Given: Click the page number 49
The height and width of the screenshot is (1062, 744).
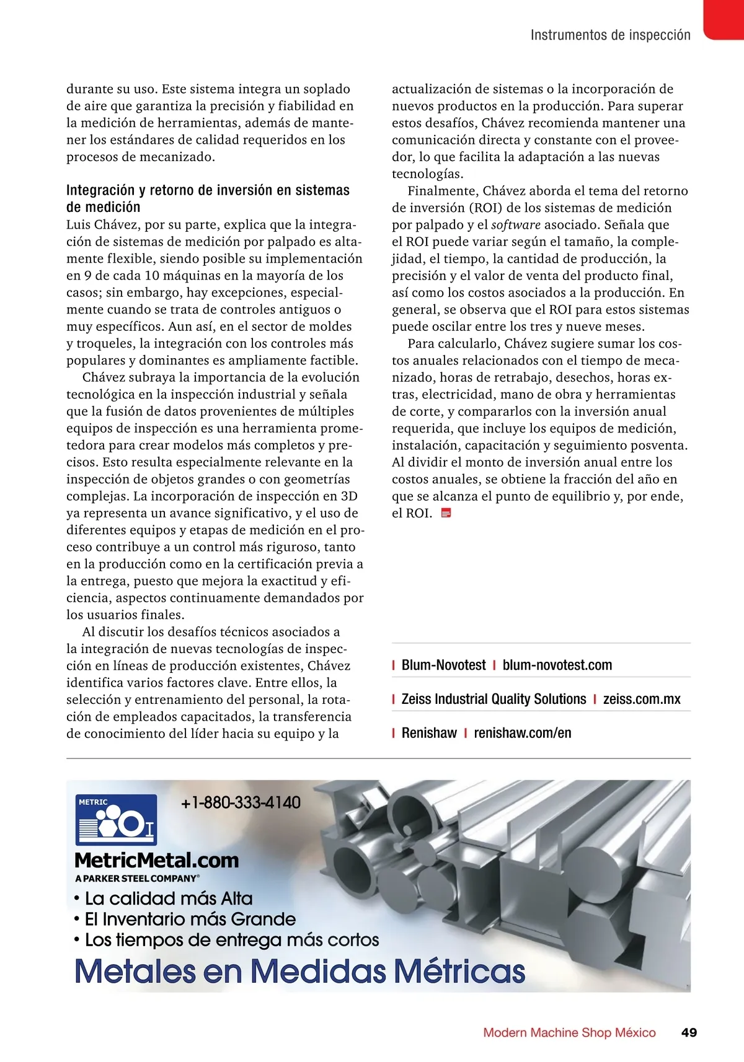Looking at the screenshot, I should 689,1032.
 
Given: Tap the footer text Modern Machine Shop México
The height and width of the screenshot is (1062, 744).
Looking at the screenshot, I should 569,1032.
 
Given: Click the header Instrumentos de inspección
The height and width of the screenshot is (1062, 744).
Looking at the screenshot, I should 610,35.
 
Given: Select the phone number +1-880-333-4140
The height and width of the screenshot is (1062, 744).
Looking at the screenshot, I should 241,802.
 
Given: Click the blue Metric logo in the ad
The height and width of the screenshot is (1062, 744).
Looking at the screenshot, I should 116,820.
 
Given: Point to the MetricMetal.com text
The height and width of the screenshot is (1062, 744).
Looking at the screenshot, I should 156,860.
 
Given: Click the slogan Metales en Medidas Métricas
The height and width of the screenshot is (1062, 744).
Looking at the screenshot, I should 299,971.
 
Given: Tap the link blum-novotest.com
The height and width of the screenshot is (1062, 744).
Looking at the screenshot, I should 557,665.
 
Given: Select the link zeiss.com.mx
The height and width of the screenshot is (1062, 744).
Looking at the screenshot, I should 642,699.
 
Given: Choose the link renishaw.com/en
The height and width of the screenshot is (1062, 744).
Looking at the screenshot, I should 523,733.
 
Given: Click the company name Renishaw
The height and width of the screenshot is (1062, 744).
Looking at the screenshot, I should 429,733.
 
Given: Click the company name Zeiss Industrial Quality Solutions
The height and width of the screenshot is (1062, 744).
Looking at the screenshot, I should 494,699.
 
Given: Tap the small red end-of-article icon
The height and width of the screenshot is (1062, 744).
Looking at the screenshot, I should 445,513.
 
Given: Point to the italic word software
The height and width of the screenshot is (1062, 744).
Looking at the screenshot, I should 516,225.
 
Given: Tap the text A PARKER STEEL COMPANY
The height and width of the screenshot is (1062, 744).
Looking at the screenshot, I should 137,879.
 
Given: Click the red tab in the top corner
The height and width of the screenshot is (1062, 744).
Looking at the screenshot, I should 724,19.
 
